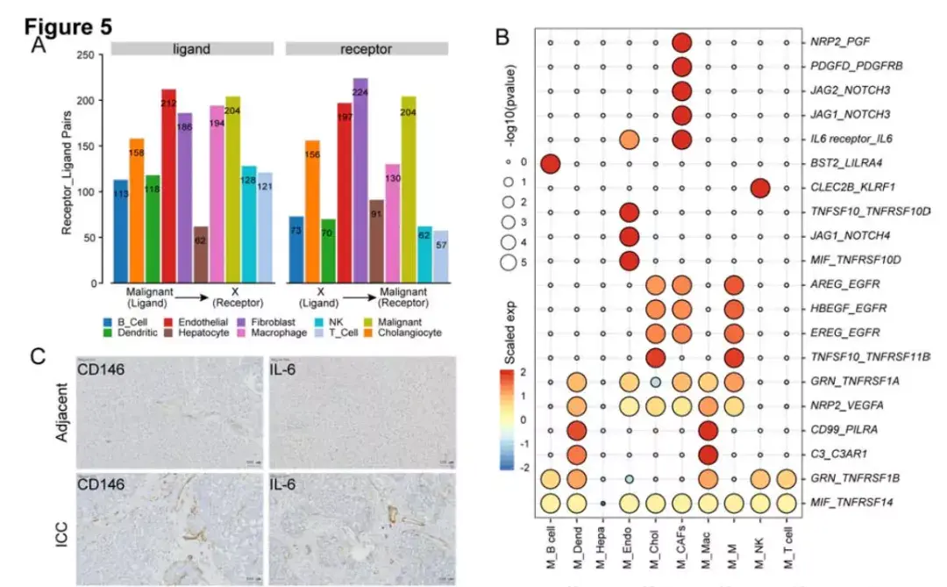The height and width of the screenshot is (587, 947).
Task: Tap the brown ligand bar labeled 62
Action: tap(201, 254)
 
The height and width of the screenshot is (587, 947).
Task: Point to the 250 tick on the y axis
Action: tap(86, 55)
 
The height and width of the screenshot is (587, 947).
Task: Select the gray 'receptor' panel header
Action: tap(367, 49)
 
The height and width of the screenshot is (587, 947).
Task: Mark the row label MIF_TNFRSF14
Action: tap(845, 503)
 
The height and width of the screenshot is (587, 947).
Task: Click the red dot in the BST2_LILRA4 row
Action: tap(551, 163)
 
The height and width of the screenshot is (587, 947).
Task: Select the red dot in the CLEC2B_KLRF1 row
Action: tap(760, 188)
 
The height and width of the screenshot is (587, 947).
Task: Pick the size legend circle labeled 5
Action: tap(507, 261)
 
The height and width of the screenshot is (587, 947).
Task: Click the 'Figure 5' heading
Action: tap(69, 26)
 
